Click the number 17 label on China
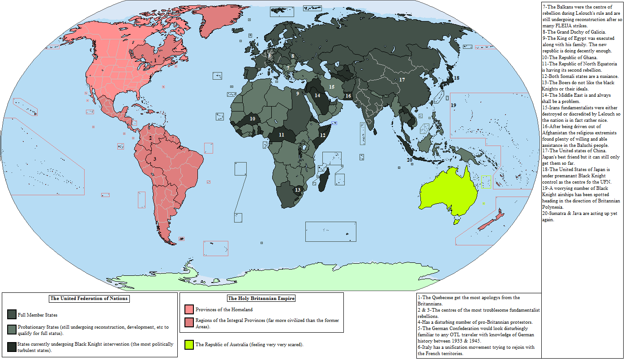tap(402, 80)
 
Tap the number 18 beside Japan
tap(456, 78)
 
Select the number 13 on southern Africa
tap(298, 190)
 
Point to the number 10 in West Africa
tap(253, 119)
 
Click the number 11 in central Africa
tap(281, 134)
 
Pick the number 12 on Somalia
tap(322, 135)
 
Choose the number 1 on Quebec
tap(155, 60)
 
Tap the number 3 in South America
tap(155, 159)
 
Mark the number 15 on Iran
tap(332, 87)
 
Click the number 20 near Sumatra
tap(409, 160)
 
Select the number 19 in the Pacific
tap(453, 105)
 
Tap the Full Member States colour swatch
tap(12, 315)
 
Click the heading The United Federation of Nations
tap(89, 299)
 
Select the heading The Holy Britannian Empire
tap(261, 298)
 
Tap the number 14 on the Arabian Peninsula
tap(317, 95)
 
